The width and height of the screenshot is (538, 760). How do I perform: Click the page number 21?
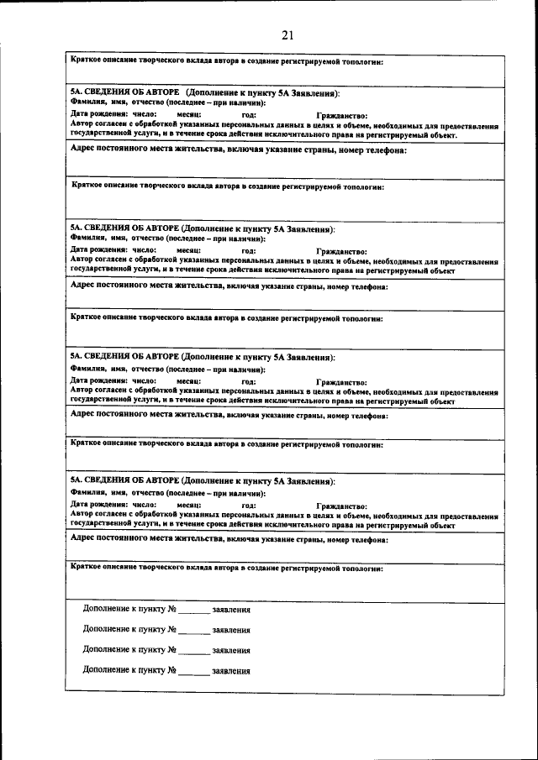pyautogui.click(x=287, y=35)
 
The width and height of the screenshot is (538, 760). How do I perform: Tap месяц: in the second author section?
pyautogui.click(x=188, y=250)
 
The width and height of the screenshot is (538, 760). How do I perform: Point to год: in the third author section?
pyautogui.click(x=249, y=380)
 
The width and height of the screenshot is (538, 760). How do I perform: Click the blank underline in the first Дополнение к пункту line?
pyautogui.click(x=193, y=611)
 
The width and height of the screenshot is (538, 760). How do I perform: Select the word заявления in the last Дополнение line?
pyautogui.click(x=231, y=671)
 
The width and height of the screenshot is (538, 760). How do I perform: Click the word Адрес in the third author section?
pyautogui.click(x=83, y=415)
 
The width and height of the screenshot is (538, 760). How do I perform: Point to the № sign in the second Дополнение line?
pyautogui.click(x=171, y=630)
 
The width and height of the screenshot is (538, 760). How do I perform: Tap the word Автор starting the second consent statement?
pyautogui.click(x=82, y=261)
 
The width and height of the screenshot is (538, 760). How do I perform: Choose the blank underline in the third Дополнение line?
pyautogui.click(x=193, y=651)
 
